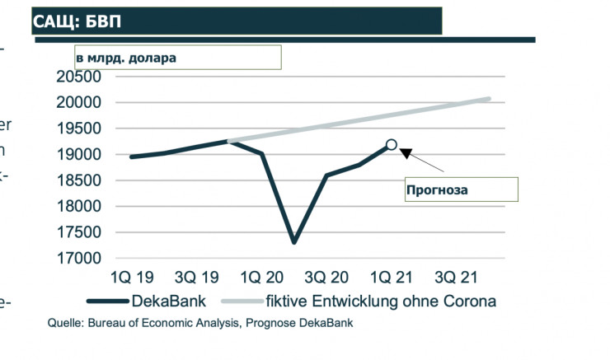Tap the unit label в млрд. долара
126,58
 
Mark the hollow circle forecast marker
392,145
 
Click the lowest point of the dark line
294,242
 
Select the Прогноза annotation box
460,189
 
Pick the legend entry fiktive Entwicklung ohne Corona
380,301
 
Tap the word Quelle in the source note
63,323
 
